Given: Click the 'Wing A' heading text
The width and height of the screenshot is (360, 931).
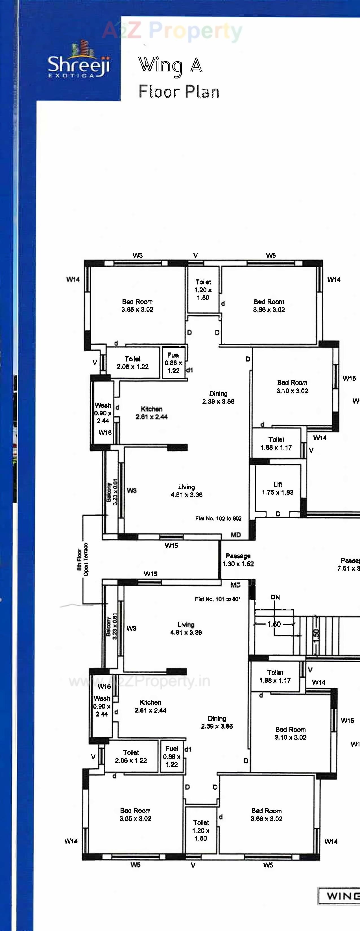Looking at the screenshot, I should (x=170, y=66).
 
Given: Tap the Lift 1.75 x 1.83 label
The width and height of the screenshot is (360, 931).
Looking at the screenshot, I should (x=278, y=488).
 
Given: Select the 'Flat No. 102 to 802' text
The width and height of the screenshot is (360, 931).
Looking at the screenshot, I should (x=218, y=518).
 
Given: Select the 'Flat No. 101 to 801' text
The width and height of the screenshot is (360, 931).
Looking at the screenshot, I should (x=218, y=599).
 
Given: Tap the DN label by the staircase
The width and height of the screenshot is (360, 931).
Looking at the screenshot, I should (x=275, y=597).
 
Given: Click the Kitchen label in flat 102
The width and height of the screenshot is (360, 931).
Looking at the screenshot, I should (x=151, y=413).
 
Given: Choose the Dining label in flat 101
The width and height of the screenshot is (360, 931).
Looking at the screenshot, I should (x=217, y=722).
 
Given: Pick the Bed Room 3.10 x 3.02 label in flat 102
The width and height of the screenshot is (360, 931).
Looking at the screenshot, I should (x=292, y=386).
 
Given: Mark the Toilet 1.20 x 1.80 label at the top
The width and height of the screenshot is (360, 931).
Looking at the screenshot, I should (x=203, y=290).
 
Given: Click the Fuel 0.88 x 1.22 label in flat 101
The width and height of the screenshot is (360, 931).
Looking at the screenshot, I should (x=172, y=756).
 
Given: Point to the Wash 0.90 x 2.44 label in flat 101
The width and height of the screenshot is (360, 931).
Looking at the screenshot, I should (x=102, y=706).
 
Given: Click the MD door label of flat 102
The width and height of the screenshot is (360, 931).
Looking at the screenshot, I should (x=235, y=535).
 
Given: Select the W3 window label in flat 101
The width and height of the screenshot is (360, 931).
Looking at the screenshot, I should (x=131, y=628).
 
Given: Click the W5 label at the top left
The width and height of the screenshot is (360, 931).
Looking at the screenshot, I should (x=137, y=255).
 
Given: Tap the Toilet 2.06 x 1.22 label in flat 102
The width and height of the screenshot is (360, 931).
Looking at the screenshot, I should (x=132, y=363).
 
